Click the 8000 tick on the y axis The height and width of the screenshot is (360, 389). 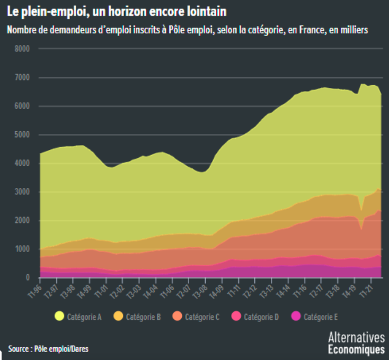click(x=22, y=49)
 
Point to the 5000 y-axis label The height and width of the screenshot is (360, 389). click(x=22, y=135)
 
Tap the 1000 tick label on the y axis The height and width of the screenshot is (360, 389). click(x=22, y=249)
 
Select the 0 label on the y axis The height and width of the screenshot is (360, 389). click(x=28, y=277)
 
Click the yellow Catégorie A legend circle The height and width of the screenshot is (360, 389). click(x=59, y=317)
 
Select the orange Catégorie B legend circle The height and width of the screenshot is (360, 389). click(x=118, y=317)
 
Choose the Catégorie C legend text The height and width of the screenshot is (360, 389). click(x=202, y=317)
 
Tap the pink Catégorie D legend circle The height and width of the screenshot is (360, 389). click(x=236, y=317)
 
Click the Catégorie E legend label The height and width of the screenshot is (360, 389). click(x=321, y=317)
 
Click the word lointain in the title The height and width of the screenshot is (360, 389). click(x=207, y=12)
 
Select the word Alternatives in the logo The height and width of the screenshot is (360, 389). click(x=357, y=337)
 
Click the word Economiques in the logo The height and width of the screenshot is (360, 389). click(x=357, y=349)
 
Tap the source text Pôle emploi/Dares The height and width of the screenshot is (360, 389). click(x=61, y=349)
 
